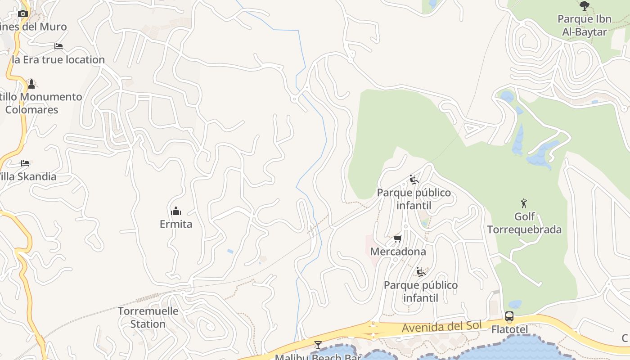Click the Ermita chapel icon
click(176, 211)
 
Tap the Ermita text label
click(176, 224)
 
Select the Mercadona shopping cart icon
click(397, 238)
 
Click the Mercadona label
click(398, 252)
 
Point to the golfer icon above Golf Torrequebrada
click(524, 203)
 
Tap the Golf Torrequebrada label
click(524, 223)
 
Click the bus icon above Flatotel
click(509, 316)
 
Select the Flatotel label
click(509, 330)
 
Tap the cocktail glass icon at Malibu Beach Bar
click(318, 345)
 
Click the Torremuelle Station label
click(148, 317)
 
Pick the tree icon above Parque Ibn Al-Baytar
click(585, 6)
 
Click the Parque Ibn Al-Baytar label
click(585, 25)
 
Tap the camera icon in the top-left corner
click(23, 13)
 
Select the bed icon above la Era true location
click(58, 46)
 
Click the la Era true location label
click(58, 59)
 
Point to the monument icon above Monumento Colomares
click(31, 84)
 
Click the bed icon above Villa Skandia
click(25, 163)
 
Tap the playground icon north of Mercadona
click(414, 180)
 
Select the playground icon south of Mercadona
click(421, 272)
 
